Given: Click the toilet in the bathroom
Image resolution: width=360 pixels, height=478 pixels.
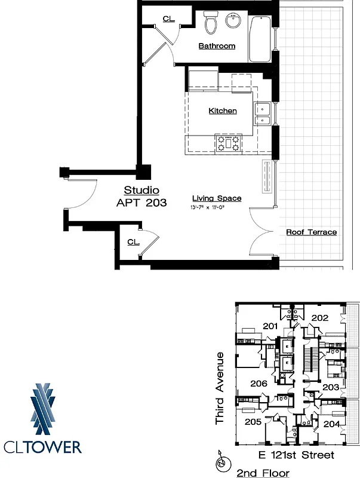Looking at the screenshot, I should (210, 23).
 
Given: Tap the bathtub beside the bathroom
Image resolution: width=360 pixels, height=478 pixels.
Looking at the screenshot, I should (260, 39).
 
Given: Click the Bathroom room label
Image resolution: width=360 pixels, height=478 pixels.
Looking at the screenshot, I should (217, 46).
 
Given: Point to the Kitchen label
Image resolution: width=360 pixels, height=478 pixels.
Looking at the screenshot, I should (222, 111).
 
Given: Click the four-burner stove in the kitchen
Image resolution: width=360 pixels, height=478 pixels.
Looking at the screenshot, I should (228, 143).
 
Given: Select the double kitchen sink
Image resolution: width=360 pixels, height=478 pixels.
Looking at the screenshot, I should (263, 114).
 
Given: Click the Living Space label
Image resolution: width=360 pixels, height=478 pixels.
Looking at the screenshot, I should (216, 198).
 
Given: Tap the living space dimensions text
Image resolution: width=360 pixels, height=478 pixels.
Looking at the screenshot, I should (216, 207).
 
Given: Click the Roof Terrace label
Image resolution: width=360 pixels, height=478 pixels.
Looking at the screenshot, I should (311, 232).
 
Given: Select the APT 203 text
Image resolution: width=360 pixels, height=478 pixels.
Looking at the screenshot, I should (141, 203).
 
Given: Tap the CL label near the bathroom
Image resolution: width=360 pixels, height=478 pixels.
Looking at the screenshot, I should (169, 19).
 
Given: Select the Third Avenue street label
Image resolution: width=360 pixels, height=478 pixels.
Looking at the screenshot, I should (220, 388).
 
